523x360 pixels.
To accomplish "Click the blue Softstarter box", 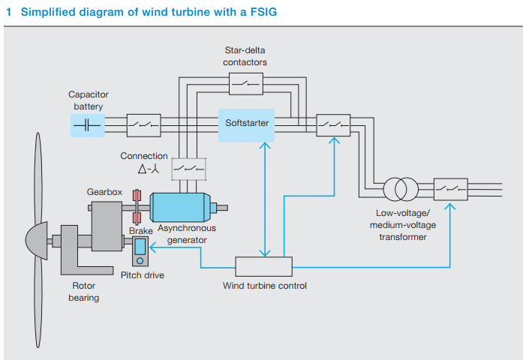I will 247,122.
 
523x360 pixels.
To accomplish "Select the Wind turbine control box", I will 264,266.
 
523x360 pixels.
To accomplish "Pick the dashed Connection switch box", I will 188,169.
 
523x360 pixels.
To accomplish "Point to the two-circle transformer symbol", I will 401,189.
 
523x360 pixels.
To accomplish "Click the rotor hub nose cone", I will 37,241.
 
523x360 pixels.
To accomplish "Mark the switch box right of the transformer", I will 450,187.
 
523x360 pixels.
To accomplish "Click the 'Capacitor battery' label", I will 89,100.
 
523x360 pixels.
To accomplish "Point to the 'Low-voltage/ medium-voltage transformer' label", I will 405,226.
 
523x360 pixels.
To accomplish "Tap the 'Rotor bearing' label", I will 84,292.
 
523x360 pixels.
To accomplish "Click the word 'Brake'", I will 140,231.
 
